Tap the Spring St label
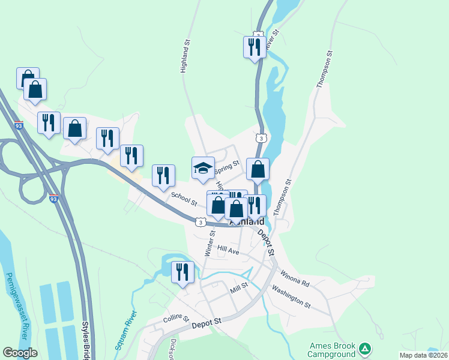(227, 167)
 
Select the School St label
(184, 199)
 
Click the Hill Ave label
(228, 250)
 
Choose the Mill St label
(239, 290)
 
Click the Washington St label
(291, 296)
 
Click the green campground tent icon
(364, 349)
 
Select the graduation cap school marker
(203, 169)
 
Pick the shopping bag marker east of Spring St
(258, 169)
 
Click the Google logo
(20, 352)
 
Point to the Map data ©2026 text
(423, 355)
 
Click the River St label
(273, 40)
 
